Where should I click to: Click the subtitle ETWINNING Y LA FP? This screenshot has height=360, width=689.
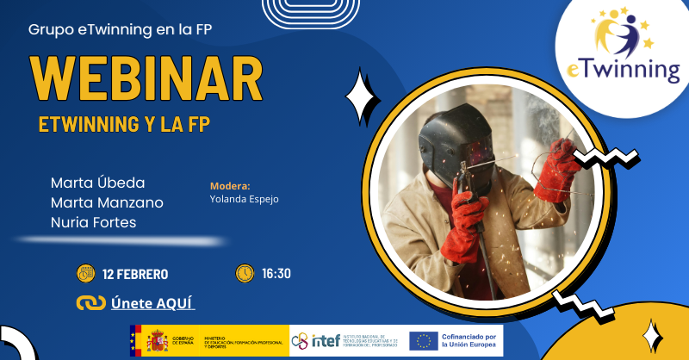click(x=125, y=124)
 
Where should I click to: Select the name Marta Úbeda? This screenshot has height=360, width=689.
click(x=97, y=183)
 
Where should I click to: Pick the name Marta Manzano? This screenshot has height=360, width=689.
click(x=107, y=202)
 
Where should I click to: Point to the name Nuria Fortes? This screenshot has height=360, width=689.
click(x=93, y=222)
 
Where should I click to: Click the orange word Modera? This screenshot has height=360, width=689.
click(x=230, y=185)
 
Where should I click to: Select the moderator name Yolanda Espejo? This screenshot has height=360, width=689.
click(x=244, y=199)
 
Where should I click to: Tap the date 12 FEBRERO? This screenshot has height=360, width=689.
click(x=135, y=275)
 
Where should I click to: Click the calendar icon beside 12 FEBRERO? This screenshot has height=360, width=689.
click(x=86, y=274)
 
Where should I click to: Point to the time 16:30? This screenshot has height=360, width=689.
click(x=276, y=274)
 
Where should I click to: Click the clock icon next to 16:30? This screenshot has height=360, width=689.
click(x=245, y=273)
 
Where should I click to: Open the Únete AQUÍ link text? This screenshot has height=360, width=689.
click(x=153, y=303)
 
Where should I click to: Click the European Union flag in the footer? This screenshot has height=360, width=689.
click(x=423, y=342)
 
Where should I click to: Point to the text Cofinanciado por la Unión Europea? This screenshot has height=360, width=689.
click(x=469, y=341)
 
